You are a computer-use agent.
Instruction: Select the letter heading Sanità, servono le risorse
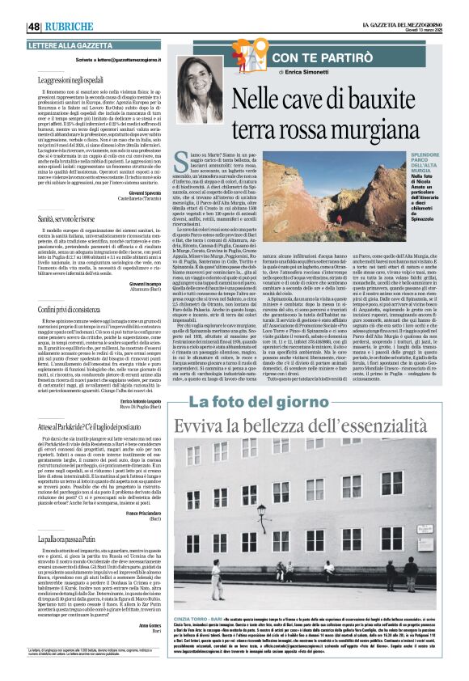[69, 218]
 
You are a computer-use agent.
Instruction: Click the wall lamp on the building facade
[261, 510]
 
